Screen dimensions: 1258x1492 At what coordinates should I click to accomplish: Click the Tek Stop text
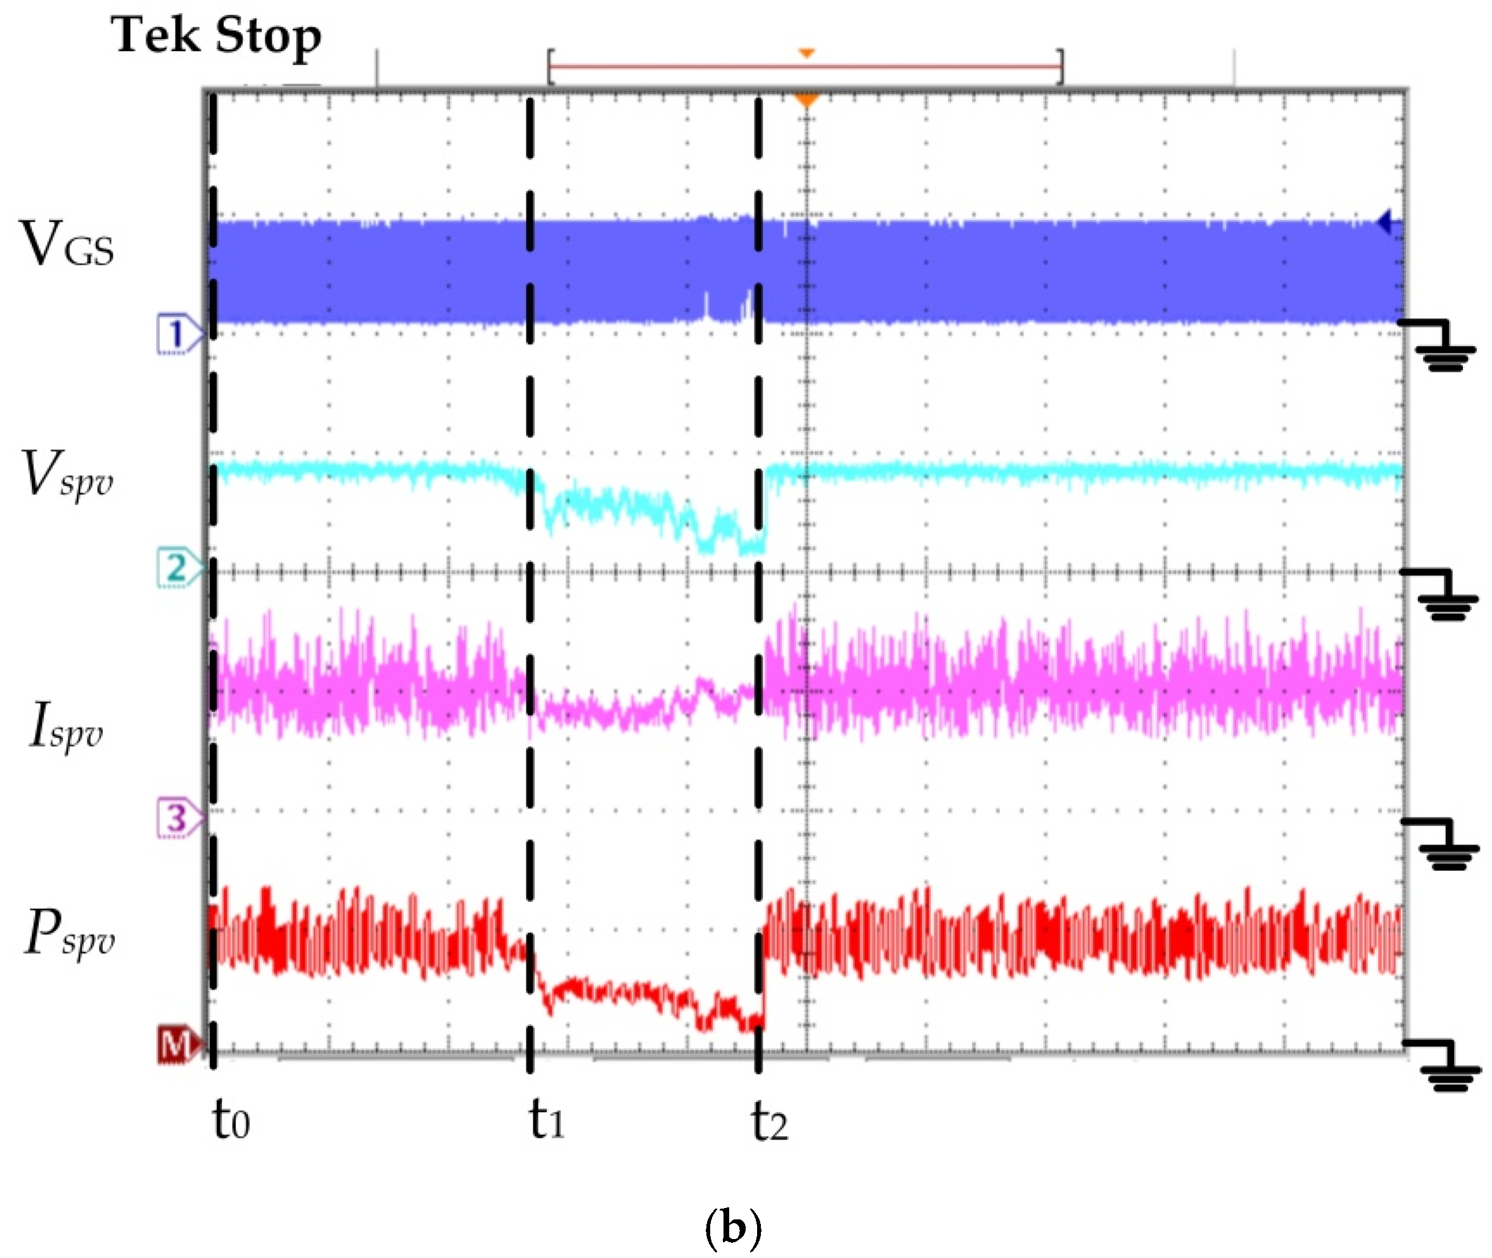(x=215, y=35)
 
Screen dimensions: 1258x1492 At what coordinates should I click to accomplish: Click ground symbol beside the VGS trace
(x=1443, y=349)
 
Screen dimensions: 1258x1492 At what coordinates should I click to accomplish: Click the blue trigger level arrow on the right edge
(x=1386, y=222)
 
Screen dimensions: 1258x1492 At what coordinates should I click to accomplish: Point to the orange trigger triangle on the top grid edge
(x=807, y=101)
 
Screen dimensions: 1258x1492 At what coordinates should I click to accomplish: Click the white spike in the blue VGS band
(x=706, y=306)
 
